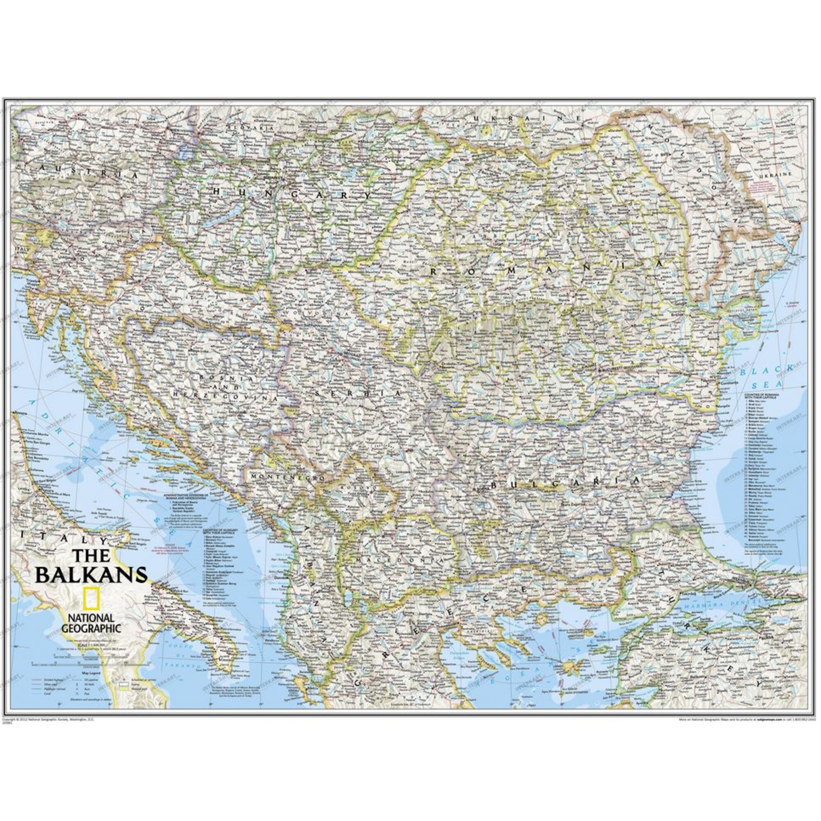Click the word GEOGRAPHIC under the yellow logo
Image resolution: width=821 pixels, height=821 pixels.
[x=91, y=628]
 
